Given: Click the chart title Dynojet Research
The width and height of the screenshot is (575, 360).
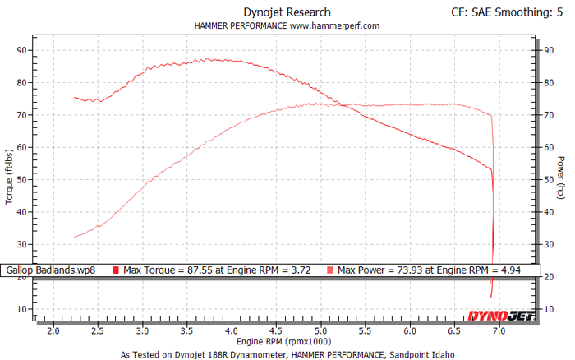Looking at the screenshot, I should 287,12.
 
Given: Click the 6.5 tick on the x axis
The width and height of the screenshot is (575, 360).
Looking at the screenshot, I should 454,331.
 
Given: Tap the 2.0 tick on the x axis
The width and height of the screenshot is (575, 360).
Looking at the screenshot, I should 54,331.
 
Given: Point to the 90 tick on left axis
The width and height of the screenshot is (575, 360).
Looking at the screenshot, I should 23,50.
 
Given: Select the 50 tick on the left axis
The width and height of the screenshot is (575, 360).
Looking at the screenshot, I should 23,179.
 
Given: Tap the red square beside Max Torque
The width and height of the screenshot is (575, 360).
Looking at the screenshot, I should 115,270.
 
